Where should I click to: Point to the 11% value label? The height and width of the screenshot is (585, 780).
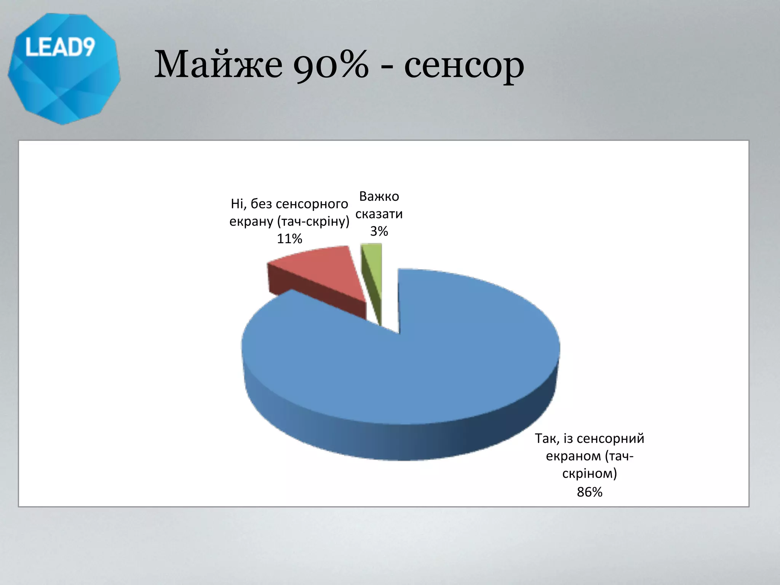(x=289, y=239)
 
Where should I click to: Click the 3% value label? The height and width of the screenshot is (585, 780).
(x=379, y=231)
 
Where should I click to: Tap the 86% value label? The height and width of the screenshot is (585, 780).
(x=589, y=492)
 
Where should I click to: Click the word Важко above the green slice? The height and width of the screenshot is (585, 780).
(x=379, y=197)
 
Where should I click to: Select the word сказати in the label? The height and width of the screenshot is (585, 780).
(x=379, y=214)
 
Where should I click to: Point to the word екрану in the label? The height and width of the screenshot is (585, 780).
(x=251, y=222)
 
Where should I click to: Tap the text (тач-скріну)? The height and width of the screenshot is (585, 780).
(x=313, y=222)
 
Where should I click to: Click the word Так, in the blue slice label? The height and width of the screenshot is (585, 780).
(x=547, y=438)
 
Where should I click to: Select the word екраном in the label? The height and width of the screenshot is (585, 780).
(x=574, y=456)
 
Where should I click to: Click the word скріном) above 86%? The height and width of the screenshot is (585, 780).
(x=589, y=473)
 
